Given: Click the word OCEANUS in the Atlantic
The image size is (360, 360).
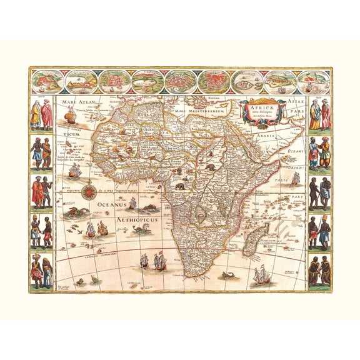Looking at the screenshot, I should coord(112,204).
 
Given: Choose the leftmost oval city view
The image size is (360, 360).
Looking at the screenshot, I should coord(49,81).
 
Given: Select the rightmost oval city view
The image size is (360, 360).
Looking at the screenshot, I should coord(314,81).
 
